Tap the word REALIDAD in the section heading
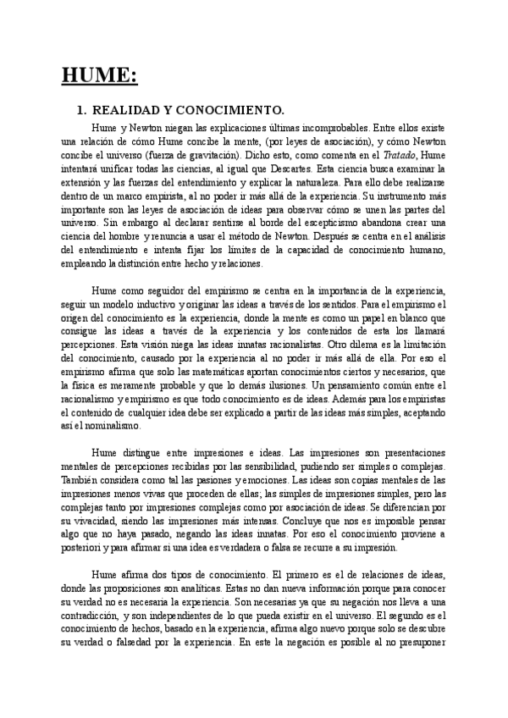click(125, 110)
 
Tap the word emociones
click(268, 481)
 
